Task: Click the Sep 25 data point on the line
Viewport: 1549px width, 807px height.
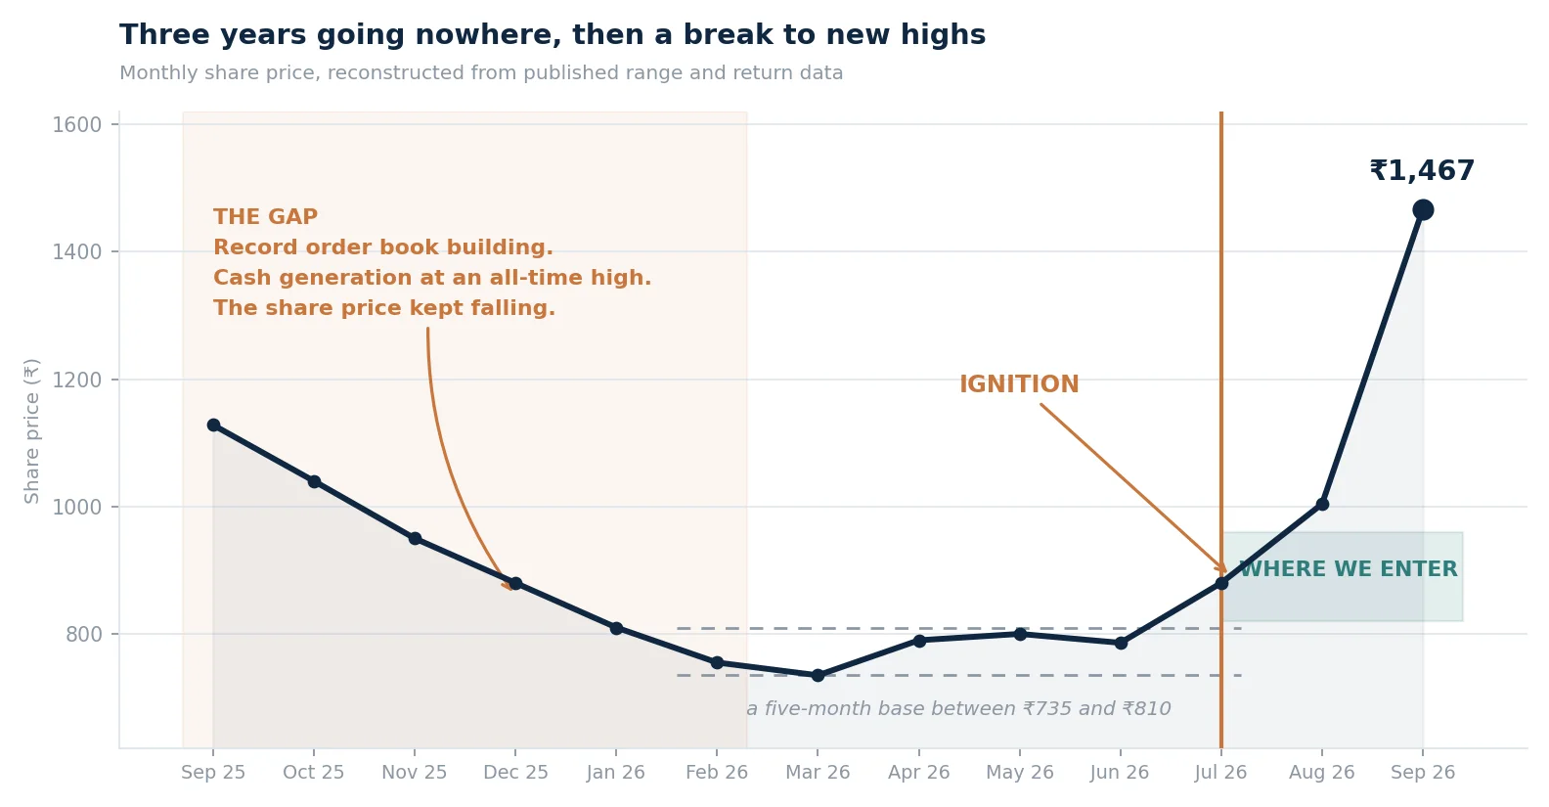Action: coord(214,426)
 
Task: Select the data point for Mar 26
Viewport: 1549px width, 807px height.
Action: coord(818,675)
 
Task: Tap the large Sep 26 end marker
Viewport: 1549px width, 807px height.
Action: coord(1423,210)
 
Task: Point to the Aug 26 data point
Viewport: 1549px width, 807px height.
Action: coord(1322,504)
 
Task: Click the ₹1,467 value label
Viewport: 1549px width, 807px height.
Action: coord(1422,171)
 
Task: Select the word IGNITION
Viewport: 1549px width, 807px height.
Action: coord(1019,384)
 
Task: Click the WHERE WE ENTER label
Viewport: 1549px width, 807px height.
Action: coord(1348,569)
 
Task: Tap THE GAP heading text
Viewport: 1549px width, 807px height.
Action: coord(266,217)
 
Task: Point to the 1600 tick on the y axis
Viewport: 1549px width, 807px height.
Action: coord(77,125)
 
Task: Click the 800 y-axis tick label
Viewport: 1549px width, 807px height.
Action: coord(84,635)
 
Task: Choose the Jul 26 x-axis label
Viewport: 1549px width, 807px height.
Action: coord(1220,773)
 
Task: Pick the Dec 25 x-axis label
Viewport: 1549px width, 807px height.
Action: coord(515,773)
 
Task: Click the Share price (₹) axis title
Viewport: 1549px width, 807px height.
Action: coord(32,430)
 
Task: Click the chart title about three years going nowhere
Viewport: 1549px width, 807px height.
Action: coord(553,34)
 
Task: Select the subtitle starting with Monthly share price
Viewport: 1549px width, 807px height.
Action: coord(481,72)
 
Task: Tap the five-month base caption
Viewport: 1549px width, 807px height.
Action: coord(958,709)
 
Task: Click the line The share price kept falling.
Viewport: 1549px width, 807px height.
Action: coord(384,308)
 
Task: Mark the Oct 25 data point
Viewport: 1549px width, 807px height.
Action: coord(314,481)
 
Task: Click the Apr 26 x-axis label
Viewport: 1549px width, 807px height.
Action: coord(918,773)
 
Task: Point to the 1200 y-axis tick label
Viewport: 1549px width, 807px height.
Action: coord(77,381)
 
